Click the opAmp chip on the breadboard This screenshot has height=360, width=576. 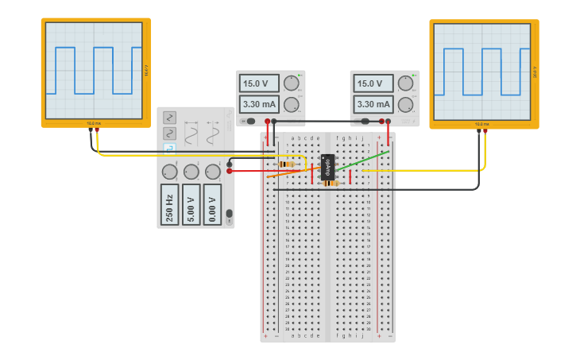coord(327,167)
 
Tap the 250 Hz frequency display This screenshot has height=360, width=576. coord(169,204)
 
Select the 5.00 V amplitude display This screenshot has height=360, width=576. coord(191,204)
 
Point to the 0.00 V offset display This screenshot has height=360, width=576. coord(212,204)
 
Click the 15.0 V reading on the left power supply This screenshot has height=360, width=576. coord(260,83)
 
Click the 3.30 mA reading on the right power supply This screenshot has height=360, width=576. coord(373,104)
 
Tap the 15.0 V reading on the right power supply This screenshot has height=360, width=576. coord(373,83)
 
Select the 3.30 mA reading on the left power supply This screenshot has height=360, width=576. coord(260,104)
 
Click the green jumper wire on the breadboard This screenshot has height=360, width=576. coord(364,160)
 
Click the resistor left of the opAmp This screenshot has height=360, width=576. coord(287,164)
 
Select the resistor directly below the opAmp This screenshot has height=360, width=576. coord(331,184)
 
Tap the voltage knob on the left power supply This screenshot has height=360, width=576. coord(292,83)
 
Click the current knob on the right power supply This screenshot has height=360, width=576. coord(405,104)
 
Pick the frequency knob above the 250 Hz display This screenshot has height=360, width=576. coord(169,172)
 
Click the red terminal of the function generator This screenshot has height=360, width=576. coord(230,171)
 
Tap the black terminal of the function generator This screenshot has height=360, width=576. coord(230,164)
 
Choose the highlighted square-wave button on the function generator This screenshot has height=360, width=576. coord(169,148)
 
